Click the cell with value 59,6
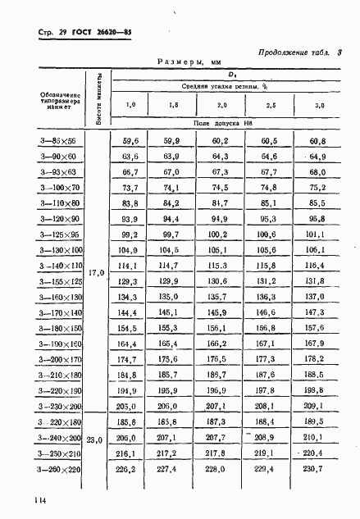pyautogui.click(x=130, y=142)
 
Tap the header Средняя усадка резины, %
pyautogui.click(x=223, y=86)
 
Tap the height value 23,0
pyautogui.click(x=97, y=439)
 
